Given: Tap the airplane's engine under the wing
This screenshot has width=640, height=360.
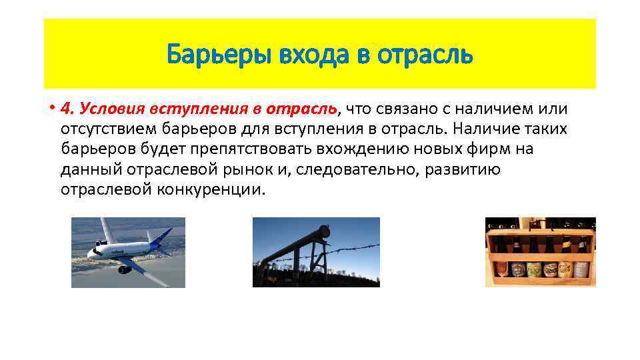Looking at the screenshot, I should [125, 269].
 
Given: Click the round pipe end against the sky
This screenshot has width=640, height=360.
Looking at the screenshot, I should [325, 233].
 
